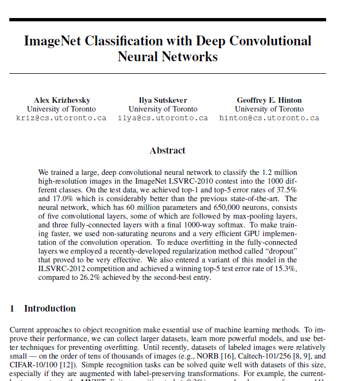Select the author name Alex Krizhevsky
tap(62, 100)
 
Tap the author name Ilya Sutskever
tap(163, 100)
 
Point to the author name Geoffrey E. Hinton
tap(269, 100)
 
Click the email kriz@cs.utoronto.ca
tap(61, 118)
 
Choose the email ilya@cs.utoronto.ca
tap(163, 118)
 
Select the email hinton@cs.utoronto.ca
tap(269, 118)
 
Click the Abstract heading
tap(168, 150)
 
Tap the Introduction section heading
tap(50, 308)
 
